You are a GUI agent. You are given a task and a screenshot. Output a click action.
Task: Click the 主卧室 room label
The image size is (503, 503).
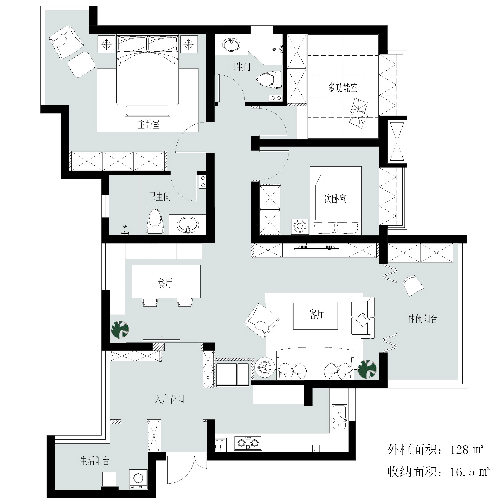click(149, 124)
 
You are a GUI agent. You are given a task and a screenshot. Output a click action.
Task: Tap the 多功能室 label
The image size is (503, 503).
click(343, 88)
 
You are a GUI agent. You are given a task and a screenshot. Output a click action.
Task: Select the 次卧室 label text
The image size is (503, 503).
click(335, 199)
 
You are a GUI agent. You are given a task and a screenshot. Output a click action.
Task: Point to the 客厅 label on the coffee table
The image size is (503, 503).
click(317, 314)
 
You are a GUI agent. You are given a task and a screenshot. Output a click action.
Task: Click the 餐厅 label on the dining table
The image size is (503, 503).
click(165, 283)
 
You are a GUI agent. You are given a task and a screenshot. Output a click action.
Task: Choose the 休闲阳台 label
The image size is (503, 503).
click(423, 318)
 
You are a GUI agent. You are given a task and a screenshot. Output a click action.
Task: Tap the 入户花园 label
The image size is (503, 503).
click(169, 399)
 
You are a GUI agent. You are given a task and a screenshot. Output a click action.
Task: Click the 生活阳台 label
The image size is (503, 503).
click(95, 460)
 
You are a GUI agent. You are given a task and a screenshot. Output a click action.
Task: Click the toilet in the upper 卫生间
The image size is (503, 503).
click(269, 79)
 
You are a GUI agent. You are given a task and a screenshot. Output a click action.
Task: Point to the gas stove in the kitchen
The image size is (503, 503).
click(248, 443)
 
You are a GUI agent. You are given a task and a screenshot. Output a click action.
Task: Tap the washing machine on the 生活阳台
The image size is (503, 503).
click(138, 479)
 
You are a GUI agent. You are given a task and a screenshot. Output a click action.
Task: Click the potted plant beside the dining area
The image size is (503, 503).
click(120, 329)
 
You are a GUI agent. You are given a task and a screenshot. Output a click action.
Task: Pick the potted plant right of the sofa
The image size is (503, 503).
click(367, 369)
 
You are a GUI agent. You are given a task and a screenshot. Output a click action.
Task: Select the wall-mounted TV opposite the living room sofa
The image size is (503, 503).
click(317, 247)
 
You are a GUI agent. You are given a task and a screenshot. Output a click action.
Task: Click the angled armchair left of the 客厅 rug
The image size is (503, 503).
click(262, 320)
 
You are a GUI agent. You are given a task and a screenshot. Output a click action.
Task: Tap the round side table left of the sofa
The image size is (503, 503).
click(265, 367)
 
